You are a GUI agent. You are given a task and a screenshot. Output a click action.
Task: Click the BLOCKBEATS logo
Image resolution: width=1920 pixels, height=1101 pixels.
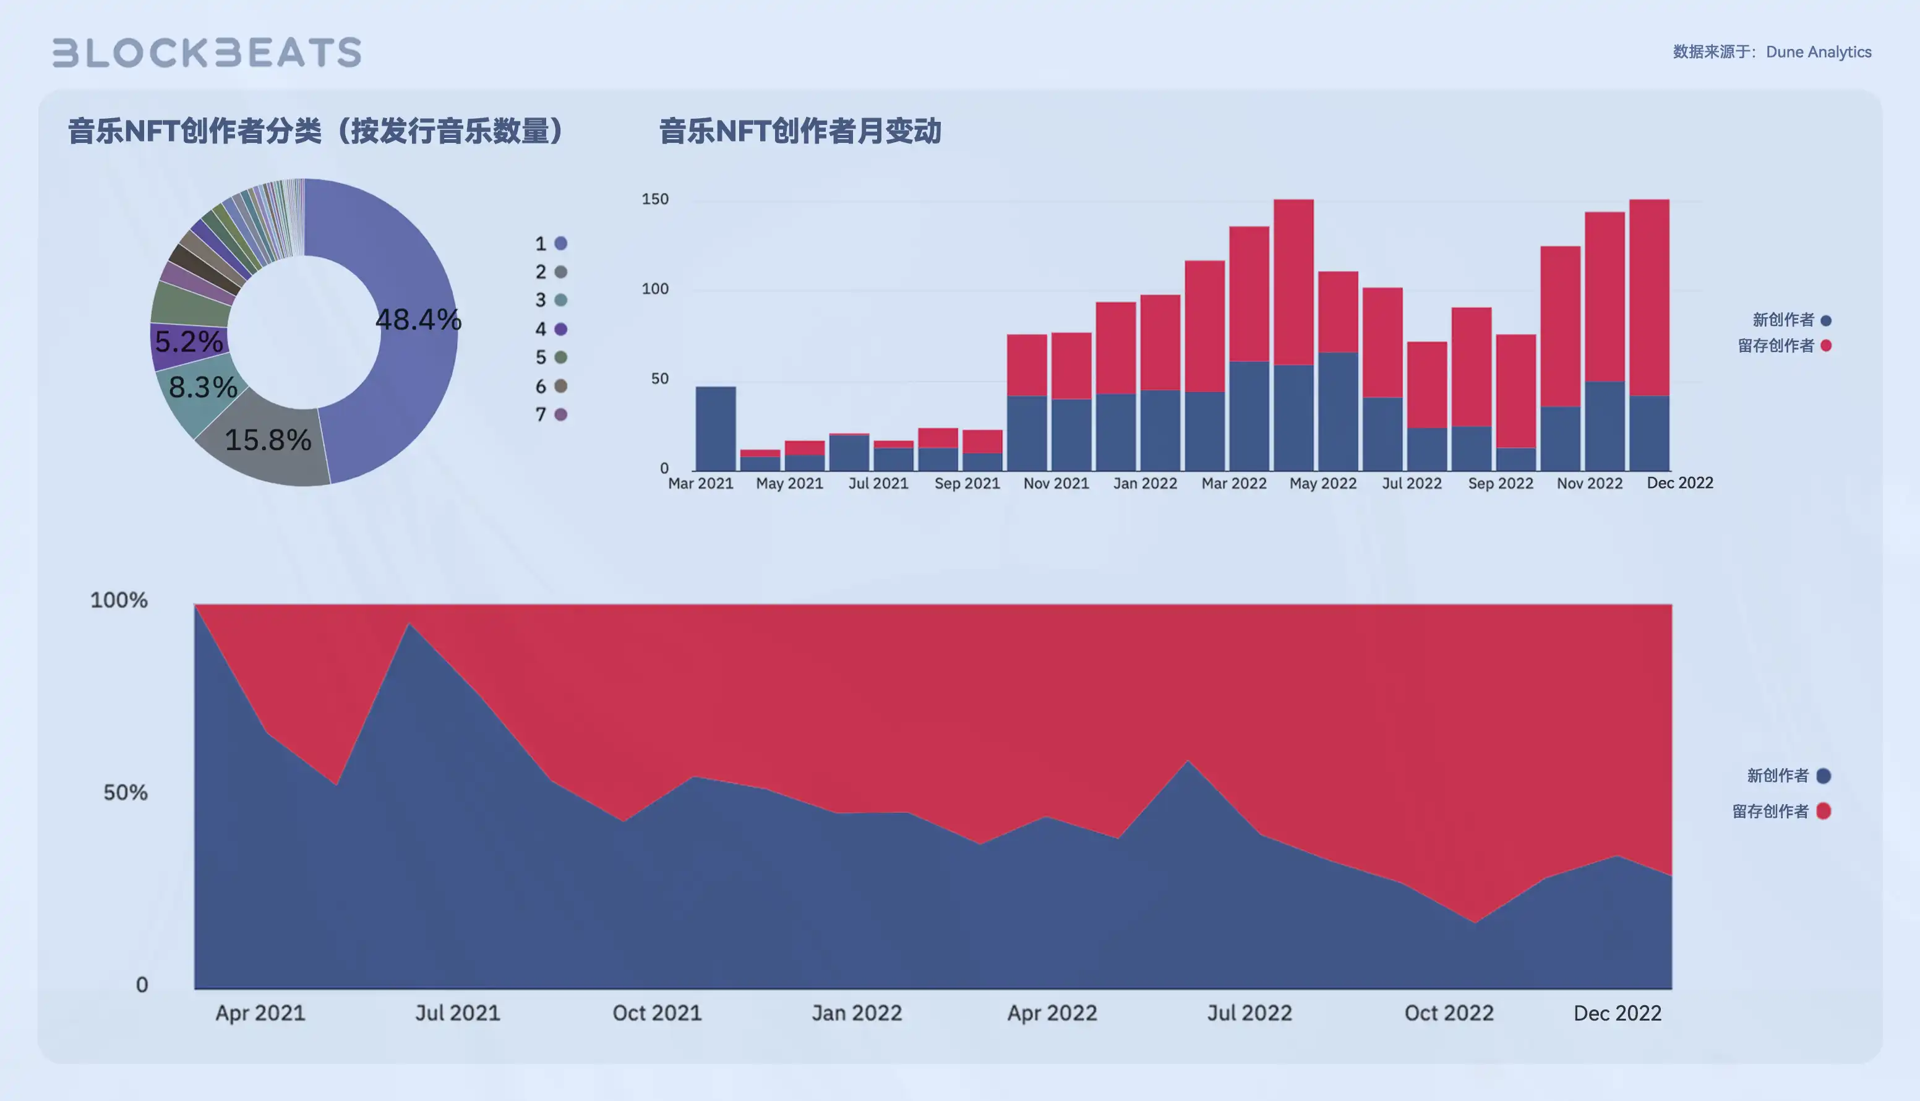[207, 52]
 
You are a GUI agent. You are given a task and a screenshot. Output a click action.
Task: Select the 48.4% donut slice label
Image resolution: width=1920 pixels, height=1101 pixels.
[418, 319]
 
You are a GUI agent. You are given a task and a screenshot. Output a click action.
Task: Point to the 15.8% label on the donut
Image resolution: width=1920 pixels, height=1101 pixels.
[268, 439]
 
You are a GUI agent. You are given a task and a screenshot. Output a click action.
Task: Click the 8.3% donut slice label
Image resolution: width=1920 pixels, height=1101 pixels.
[203, 387]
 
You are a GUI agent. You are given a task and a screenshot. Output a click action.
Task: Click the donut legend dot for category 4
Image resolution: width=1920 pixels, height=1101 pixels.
[561, 329]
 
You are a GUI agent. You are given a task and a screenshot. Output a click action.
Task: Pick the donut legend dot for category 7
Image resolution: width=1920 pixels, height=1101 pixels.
[561, 414]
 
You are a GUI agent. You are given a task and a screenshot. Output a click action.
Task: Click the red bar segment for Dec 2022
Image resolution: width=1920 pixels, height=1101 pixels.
[1648, 297]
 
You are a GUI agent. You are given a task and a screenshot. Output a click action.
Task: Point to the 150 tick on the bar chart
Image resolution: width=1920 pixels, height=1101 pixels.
[655, 199]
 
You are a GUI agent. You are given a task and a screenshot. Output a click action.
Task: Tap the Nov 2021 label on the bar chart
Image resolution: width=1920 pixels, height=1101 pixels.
[1056, 483]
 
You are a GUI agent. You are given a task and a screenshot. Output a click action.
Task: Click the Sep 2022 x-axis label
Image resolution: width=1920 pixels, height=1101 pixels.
[1500, 483]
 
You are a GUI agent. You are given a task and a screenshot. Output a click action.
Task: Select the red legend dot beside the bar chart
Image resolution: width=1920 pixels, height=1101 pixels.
[1826, 346]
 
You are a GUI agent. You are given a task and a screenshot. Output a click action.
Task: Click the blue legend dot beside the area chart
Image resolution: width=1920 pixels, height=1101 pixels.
[1824, 776]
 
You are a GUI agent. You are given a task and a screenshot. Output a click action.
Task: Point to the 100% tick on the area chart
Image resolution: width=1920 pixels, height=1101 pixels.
[119, 601]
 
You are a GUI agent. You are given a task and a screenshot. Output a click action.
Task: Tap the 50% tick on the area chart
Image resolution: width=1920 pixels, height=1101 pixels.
[126, 792]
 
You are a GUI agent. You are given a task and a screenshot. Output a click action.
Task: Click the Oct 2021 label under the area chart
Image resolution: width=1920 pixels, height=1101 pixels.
[656, 1013]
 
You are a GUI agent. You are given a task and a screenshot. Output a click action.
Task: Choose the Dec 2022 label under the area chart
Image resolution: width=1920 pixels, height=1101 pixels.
[1617, 1013]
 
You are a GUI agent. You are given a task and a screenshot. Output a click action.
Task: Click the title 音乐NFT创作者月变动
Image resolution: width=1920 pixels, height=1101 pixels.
[799, 131]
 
